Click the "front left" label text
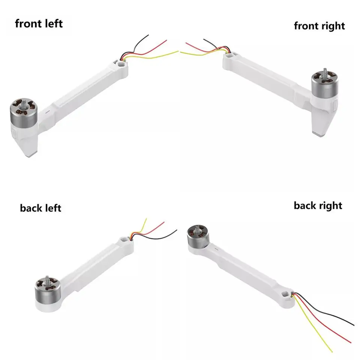pos(39,24)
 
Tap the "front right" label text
pos(319,26)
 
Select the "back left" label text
pos(40,208)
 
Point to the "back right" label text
pos(318,205)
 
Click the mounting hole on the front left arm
pos(121,65)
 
